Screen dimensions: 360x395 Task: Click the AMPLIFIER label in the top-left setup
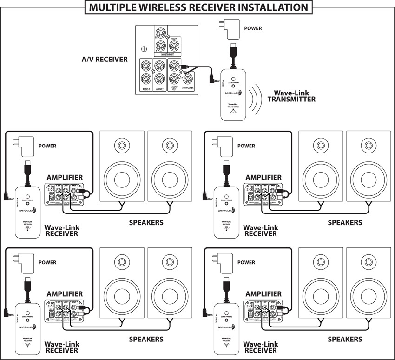click(x=65, y=178)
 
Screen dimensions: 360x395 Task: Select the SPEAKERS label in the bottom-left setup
click(x=146, y=339)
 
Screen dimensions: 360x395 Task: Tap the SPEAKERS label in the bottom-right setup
click(x=345, y=339)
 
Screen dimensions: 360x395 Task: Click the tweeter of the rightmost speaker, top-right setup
click(x=369, y=145)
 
